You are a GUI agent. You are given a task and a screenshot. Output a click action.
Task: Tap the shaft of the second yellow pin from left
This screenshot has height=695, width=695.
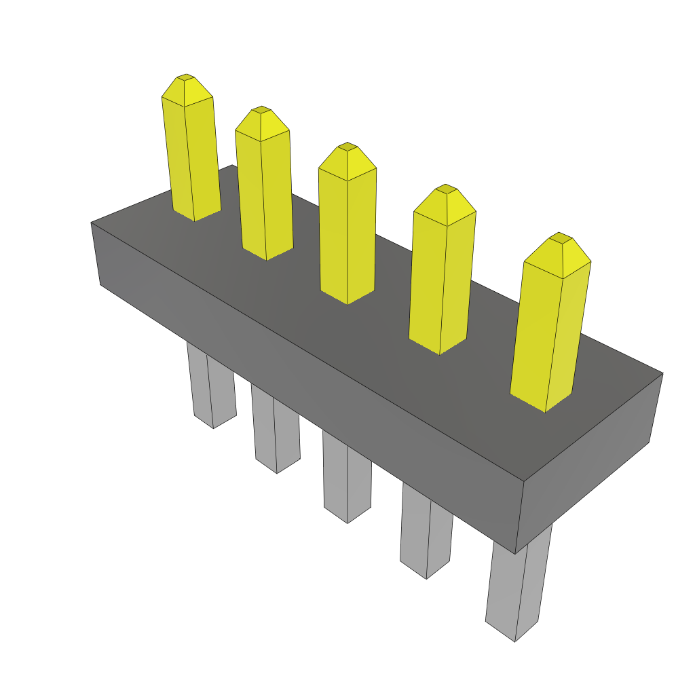click(x=265, y=197)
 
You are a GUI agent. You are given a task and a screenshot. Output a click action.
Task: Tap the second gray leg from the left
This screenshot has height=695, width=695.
click(x=276, y=431)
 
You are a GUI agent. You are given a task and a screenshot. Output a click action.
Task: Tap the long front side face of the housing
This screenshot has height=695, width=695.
click(x=305, y=380)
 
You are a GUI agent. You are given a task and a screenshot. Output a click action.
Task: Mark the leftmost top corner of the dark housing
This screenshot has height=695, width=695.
click(x=92, y=223)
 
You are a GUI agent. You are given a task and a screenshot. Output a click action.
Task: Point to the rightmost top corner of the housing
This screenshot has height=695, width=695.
click(x=662, y=373)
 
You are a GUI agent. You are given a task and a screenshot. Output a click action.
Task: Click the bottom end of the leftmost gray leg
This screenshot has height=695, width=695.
click(x=213, y=427)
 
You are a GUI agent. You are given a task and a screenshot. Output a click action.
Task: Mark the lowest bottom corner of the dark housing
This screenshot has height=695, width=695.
click(x=516, y=553)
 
